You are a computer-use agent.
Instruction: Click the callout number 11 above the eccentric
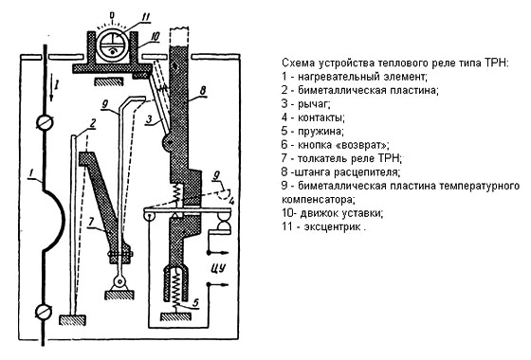(146, 17)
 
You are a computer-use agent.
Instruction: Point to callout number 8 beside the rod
(203, 90)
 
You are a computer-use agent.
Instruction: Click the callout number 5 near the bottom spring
(195, 302)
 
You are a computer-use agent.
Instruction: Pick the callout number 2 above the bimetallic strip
(92, 123)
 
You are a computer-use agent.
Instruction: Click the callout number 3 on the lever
(150, 119)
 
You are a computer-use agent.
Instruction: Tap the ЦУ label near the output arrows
(218, 268)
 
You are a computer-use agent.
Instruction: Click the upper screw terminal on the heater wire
(45, 122)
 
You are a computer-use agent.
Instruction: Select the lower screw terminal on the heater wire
(44, 311)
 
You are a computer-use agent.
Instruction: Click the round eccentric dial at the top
(113, 45)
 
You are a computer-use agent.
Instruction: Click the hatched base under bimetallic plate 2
(72, 319)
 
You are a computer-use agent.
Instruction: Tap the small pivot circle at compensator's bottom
(119, 280)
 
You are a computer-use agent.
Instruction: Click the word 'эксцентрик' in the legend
(332, 226)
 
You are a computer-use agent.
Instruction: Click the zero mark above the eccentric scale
(113, 15)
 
